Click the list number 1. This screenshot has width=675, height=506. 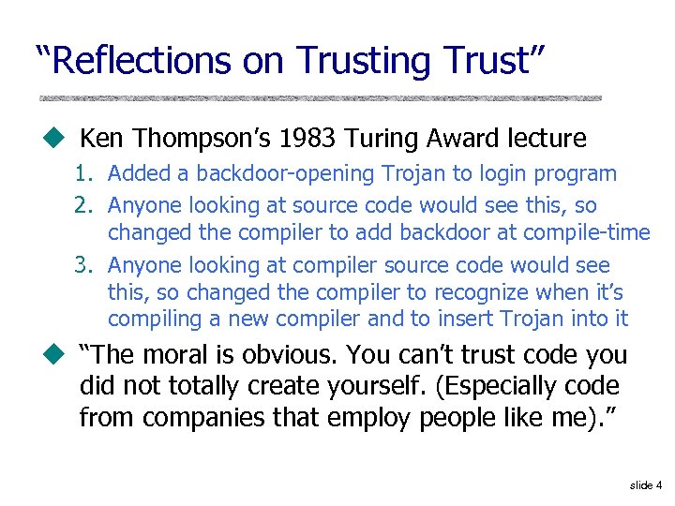(x=82, y=174)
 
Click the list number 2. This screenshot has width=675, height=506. (x=82, y=205)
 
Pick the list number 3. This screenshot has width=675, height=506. (x=82, y=266)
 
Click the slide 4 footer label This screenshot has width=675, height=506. (x=646, y=485)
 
